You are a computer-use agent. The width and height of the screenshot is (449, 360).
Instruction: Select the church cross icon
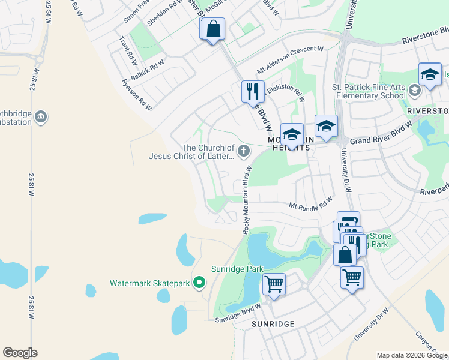[x=244, y=152]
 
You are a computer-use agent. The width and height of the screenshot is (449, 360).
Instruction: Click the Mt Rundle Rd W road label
[x=310, y=204]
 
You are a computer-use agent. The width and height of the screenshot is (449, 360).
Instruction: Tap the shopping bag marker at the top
[x=213, y=29]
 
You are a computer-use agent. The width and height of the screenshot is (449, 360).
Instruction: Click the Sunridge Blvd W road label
[x=238, y=313]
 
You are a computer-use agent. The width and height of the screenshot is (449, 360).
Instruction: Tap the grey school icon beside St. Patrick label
[x=414, y=91]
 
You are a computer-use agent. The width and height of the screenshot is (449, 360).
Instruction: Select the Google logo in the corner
[x=20, y=353]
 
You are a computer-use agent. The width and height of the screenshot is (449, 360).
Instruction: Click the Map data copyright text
[x=411, y=355]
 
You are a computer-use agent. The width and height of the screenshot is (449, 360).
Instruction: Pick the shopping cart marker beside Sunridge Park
[x=274, y=284]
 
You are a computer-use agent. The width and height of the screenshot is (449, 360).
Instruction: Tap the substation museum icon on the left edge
[x=41, y=117]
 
